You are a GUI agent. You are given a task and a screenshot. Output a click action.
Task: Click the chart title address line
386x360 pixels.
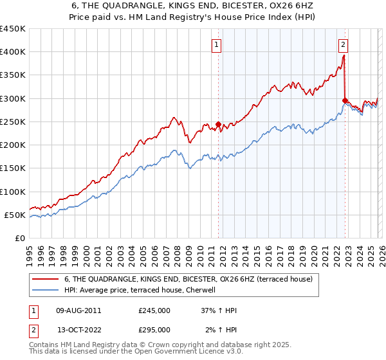[193, 5]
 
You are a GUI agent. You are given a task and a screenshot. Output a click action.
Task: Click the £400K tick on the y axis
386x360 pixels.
[13, 52]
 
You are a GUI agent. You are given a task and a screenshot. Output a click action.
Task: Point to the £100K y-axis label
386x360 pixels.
[13, 192]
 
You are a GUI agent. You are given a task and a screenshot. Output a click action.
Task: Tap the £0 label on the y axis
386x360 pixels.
[19, 238]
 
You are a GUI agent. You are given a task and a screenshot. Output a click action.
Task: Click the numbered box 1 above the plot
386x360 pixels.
[216, 45]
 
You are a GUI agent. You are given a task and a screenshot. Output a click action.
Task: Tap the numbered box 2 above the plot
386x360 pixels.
[344, 45]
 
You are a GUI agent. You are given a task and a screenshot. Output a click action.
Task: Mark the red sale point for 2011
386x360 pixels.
[218, 124]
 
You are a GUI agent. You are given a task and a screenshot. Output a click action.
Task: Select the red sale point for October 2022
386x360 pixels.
[345, 100]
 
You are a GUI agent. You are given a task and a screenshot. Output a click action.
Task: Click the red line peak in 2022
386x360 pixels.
[344, 55]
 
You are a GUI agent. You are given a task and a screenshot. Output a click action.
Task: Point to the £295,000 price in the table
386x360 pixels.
[154, 330]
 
